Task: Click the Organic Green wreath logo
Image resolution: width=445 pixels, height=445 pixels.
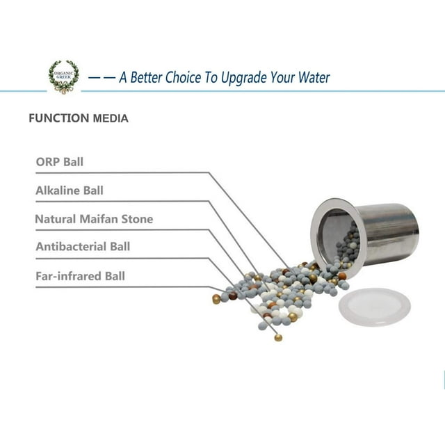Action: [63, 77]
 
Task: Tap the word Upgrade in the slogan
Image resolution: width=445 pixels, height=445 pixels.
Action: [244, 78]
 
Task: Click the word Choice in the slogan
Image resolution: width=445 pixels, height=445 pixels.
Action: [183, 77]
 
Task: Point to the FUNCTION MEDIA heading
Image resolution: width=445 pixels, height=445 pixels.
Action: [79, 118]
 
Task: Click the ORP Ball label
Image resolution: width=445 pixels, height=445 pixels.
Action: [60, 162]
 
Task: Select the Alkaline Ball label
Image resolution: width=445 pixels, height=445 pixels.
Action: [70, 190]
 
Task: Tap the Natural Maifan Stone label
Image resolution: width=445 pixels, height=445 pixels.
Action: [94, 219]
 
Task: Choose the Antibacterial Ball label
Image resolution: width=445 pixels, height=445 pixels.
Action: [83, 246]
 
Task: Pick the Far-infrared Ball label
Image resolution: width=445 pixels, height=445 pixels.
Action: [81, 276]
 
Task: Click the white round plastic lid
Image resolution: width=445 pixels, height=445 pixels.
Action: [375, 307]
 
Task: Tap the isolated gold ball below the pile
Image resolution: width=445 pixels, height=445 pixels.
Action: [278, 338]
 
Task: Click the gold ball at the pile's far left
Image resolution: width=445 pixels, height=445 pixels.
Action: [216, 299]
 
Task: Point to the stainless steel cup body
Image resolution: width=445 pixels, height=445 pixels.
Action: [387, 234]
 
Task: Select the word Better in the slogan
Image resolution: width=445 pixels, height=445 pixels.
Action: [146, 77]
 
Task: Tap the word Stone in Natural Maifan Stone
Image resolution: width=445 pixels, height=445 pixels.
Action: [138, 219]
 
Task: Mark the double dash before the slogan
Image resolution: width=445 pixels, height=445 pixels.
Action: [102, 77]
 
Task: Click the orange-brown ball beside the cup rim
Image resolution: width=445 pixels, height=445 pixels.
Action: [342, 276]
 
